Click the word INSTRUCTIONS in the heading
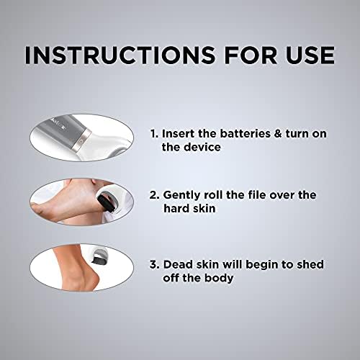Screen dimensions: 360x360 pyautogui.click(x=120, y=55)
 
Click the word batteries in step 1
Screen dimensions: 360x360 pyautogui.click(x=245, y=134)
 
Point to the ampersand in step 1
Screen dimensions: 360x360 pyautogui.click(x=278, y=134)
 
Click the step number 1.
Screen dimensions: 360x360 pyautogui.click(x=154, y=134)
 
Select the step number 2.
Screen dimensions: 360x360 pyautogui.click(x=154, y=195)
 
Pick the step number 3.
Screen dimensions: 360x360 pyautogui.click(x=155, y=265)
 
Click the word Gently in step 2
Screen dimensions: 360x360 pyautogui.click(x=181, y=196)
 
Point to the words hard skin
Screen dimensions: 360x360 pyautogui.click(x=189, y=208)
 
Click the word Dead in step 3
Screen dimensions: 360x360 pyautogui.click(x=177, y=265)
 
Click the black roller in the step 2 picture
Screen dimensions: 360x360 pyautogui.click(x=104, y=201)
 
